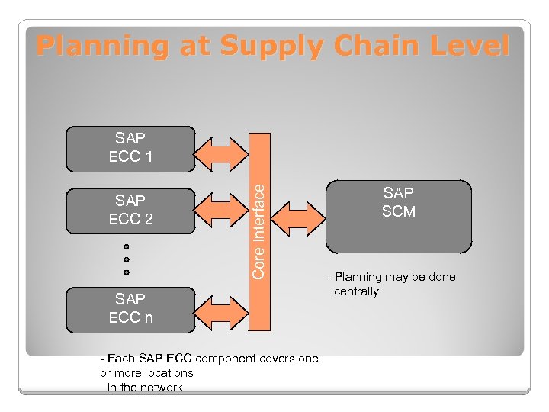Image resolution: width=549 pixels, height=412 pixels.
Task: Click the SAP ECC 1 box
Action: pyautogui.click(x=131, y=148)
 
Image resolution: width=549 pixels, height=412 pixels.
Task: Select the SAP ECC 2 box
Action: pyautogui.click(x=131, y=210)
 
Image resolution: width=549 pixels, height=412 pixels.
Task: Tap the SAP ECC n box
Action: pyautogui.click(x=131, y=309)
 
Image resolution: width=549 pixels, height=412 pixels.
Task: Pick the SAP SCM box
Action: pyautogui.click(x=399, y=215)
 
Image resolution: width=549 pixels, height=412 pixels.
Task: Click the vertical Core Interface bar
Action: pyautogui.click(x=259, y=229)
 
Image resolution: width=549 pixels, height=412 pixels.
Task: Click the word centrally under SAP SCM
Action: pyautogui.click(x=356, y=291)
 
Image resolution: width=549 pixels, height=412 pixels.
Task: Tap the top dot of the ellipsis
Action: pyautogui.click(x=127, y=248)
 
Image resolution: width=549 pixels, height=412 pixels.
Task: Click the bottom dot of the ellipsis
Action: pyautogui.click(x=127, y=272)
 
